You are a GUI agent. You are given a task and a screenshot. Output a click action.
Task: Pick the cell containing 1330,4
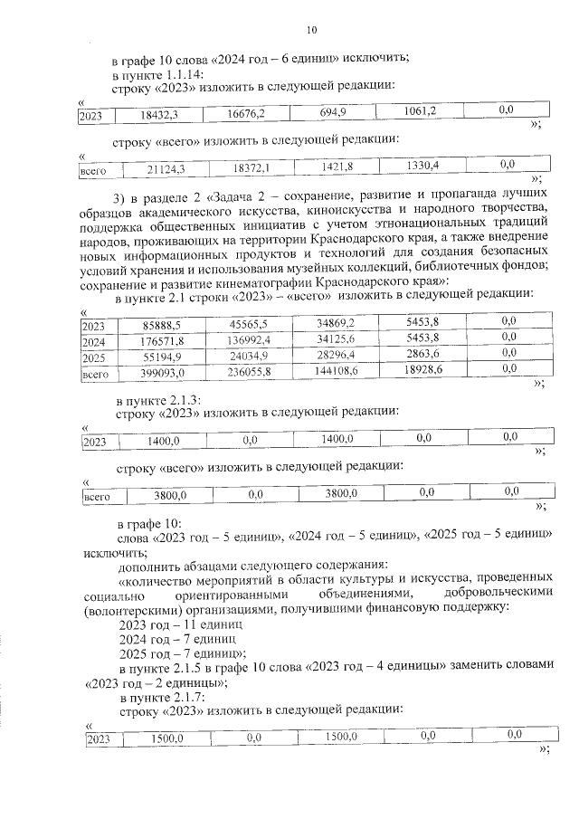tap(422, 166)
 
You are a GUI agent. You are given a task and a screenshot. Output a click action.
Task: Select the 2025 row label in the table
tap(92, 357)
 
